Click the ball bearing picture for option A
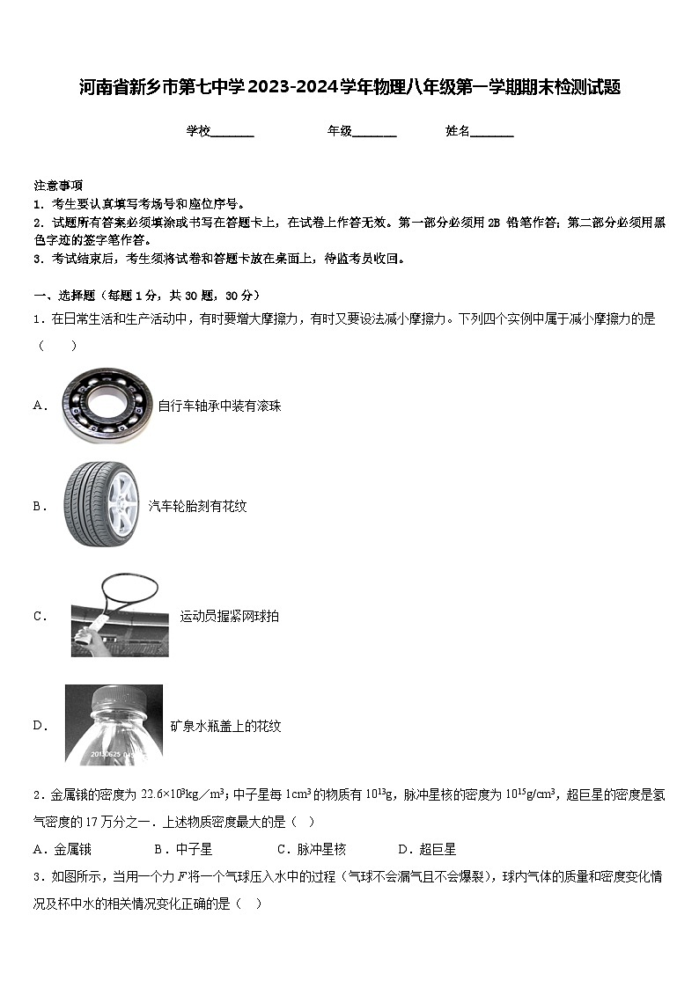(108, 405)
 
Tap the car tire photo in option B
(101, 505)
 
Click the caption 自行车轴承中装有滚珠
(219, 406)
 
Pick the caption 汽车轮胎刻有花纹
(197, 506)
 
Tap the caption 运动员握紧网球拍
(229, 616)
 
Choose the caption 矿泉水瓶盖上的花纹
(225, 726)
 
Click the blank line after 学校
(232, 132)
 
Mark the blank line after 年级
(374, 132)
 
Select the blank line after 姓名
(492, 132)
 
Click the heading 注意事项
(58, 186)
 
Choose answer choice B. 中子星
(183, 849)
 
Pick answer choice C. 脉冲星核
(311, 849)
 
